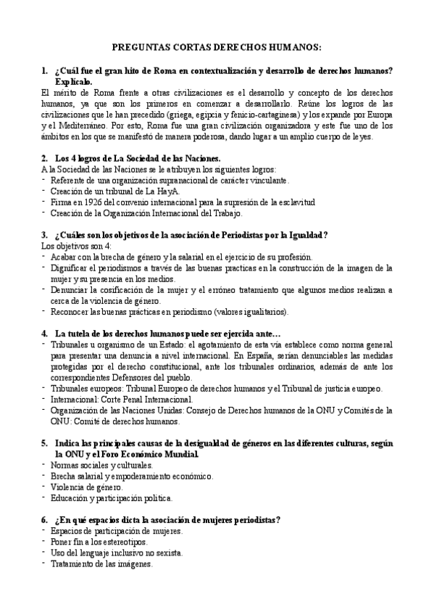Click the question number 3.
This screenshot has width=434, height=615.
[x=44, y=234]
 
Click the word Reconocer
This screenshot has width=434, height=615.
[x=72, y=312]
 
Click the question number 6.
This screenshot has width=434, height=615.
[x=44, y=520]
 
